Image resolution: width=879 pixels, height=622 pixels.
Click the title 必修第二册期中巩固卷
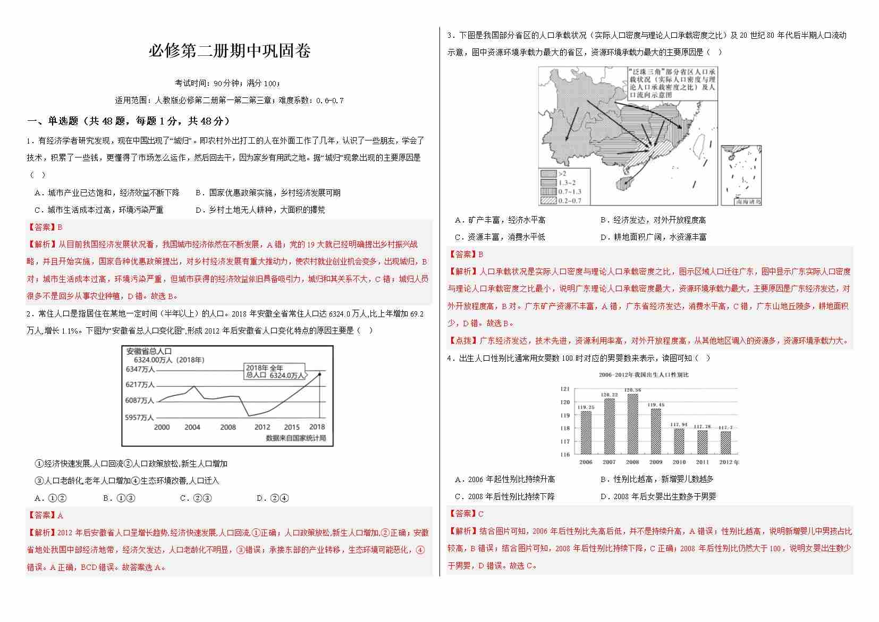(229, 51)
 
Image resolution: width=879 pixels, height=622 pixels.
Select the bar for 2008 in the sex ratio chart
(632, 424)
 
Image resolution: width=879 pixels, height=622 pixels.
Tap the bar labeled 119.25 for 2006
(586, 433)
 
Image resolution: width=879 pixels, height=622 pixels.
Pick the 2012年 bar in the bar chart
(725, 442)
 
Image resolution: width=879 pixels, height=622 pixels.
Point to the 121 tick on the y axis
(565, 389)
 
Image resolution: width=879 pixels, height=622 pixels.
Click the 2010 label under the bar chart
(679, 462)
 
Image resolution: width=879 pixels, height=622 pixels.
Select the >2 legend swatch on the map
(548, 173)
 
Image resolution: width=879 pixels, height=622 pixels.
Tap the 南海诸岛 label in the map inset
(748, 202)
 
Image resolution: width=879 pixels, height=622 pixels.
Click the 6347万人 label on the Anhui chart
(140, 369)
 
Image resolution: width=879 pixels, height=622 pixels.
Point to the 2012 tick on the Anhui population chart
(262, 427)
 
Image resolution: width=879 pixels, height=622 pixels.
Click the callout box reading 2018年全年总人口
(274, 371)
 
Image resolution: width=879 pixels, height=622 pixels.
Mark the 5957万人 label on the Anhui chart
(139, 417)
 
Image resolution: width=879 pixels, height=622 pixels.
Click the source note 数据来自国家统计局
(295, 438)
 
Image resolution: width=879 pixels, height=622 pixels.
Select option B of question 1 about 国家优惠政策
(268, 193)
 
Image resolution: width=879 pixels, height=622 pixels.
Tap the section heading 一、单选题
(128, 121)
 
